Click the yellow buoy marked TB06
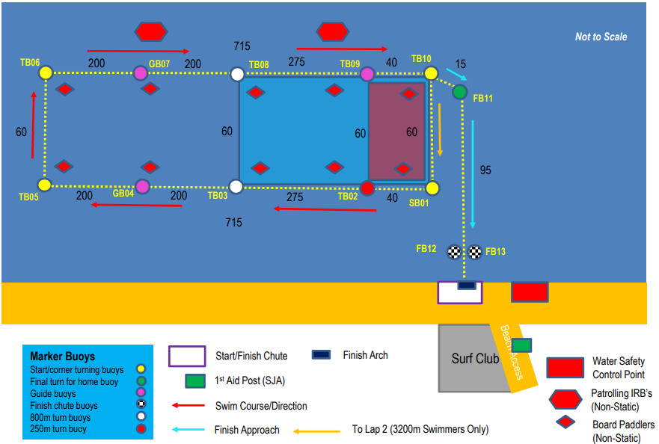(x=46, y=73)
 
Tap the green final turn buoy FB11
(x=460, y=92)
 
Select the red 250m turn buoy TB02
(x=367, y=188)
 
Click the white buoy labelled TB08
(x=237, y=74)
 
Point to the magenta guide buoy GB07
(x=141, y=73)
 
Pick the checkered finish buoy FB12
(x=454, y=252)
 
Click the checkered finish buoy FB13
(x=475, y=252)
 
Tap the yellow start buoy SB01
(x=432, y=188)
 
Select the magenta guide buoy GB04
(x=142, y=186)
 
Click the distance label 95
(x=485, y=170)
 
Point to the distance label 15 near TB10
(x=461, y=64)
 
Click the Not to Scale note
(x=601, y=37)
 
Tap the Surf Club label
(x=475, y=358)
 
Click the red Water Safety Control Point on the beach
(x=530, y=292)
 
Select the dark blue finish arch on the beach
(x=467, y=286)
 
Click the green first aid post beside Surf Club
(x=521, y=345)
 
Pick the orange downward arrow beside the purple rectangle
(x=440, y=130)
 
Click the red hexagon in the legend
(x=565, y=399)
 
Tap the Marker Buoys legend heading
(x=63, y=357)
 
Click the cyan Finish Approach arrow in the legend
(x=188, y=430)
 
